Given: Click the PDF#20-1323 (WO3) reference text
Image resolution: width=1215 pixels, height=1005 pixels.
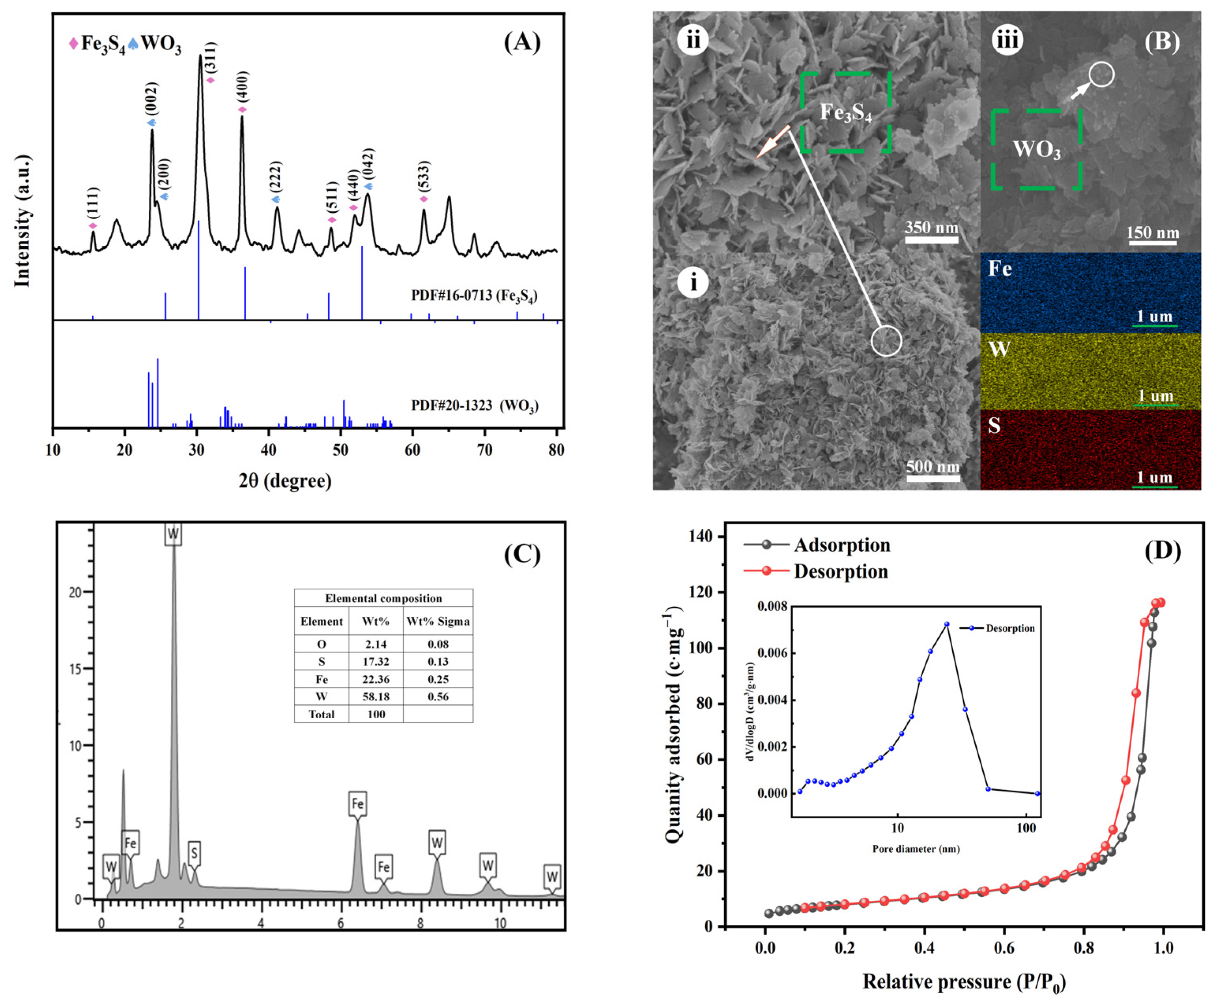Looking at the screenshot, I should [x=475, y=405].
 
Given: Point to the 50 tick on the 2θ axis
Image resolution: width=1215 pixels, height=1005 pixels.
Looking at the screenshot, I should [x=341, y=450].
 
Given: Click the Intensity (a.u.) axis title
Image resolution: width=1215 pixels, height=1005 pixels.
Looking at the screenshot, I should [x=22, y=221].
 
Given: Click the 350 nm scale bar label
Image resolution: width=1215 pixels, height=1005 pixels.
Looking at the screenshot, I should [x=931, y=227].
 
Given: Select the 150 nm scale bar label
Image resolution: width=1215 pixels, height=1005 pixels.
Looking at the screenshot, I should [x=1153, y=233].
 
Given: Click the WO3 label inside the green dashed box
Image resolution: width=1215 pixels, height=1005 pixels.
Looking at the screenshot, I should [x=1036, y=150].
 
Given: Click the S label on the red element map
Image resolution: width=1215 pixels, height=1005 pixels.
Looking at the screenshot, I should [x=994, y=426].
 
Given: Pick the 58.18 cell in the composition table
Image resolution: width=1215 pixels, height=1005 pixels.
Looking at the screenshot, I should [x=376, y=696].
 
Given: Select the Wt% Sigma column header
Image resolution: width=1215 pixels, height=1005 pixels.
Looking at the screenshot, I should [x=438, y=621].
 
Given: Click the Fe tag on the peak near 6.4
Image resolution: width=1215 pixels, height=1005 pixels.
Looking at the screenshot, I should [x=357, y=804].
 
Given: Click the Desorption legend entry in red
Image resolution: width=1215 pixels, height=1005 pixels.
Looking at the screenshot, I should [x=840, y=572].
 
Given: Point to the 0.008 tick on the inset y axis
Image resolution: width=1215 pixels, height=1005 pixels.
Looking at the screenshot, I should [x=772, y=606].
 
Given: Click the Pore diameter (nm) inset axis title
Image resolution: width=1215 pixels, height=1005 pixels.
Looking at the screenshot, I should [x=916, y=849].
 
